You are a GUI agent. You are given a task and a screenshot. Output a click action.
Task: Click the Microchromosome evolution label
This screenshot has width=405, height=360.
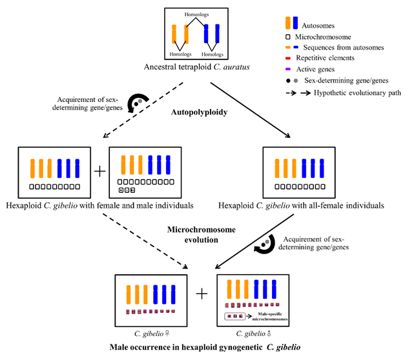[202, 235]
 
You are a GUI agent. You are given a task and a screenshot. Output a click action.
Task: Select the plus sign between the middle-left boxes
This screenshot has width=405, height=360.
[99, 172]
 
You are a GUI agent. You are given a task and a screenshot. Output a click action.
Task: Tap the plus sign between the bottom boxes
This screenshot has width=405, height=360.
[202, 294]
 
